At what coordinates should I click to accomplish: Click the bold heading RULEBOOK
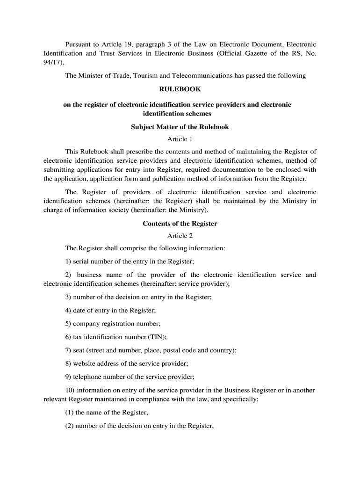tap(180, 89)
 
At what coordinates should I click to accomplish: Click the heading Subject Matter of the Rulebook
tap(180, 127)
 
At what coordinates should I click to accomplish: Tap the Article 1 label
tap(180, 139)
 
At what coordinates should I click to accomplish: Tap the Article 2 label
tap(180, 236)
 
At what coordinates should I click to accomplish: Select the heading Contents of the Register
tap(180, 224)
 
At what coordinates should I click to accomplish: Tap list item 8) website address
tap(127, 363)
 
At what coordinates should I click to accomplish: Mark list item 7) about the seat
tap(151, 350)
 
